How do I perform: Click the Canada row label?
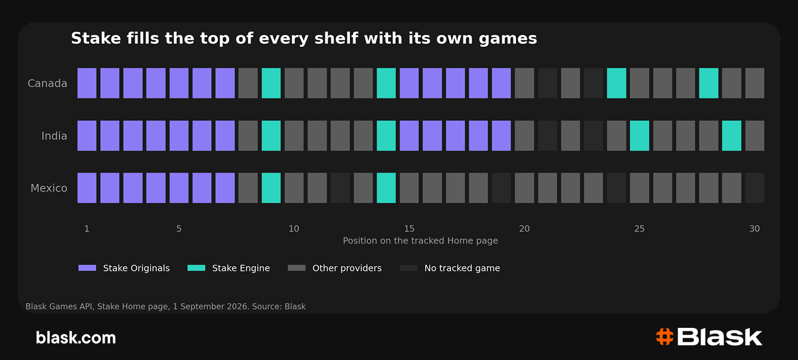point(48,83)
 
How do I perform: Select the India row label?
point(54,136)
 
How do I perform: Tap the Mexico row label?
point(49,188)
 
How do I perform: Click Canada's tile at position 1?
point(87,83)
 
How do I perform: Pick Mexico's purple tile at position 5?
point(179,188)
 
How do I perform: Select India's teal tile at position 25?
point(640,136)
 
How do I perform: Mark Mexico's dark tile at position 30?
point(755,188)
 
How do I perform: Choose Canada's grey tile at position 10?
point(294,83)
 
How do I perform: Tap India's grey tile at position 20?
point(524,136)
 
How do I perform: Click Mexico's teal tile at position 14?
point(386,188)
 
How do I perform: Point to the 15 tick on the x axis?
point(409,229)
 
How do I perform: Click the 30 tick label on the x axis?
point(755,229)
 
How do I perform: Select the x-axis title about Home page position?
point(421,241)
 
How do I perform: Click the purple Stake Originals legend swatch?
point(88,268)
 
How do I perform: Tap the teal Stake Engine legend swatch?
point(196,268)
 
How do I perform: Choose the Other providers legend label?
point(347,268)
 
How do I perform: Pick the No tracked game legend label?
point(462,268)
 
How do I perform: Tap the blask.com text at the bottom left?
point(76,337)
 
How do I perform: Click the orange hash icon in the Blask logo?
point(665,337)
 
